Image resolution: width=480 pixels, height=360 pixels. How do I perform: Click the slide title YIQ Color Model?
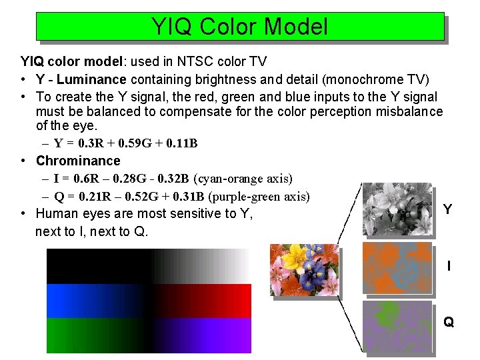[x=239, y=27]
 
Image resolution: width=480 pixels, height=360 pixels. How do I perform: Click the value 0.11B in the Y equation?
[x=181, y=143]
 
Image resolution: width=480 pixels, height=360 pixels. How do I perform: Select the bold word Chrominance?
[x=78, y=161]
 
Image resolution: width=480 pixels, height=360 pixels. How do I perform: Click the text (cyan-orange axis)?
[x=243, y=179]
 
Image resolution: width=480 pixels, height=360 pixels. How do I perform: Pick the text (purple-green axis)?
[x=259, y=196]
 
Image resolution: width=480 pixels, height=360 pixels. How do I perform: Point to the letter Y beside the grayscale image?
[x=447, y=209]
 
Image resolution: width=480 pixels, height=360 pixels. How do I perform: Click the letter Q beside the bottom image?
[x=449, y=323]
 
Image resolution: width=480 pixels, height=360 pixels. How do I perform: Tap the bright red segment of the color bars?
[x=227, y=300]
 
